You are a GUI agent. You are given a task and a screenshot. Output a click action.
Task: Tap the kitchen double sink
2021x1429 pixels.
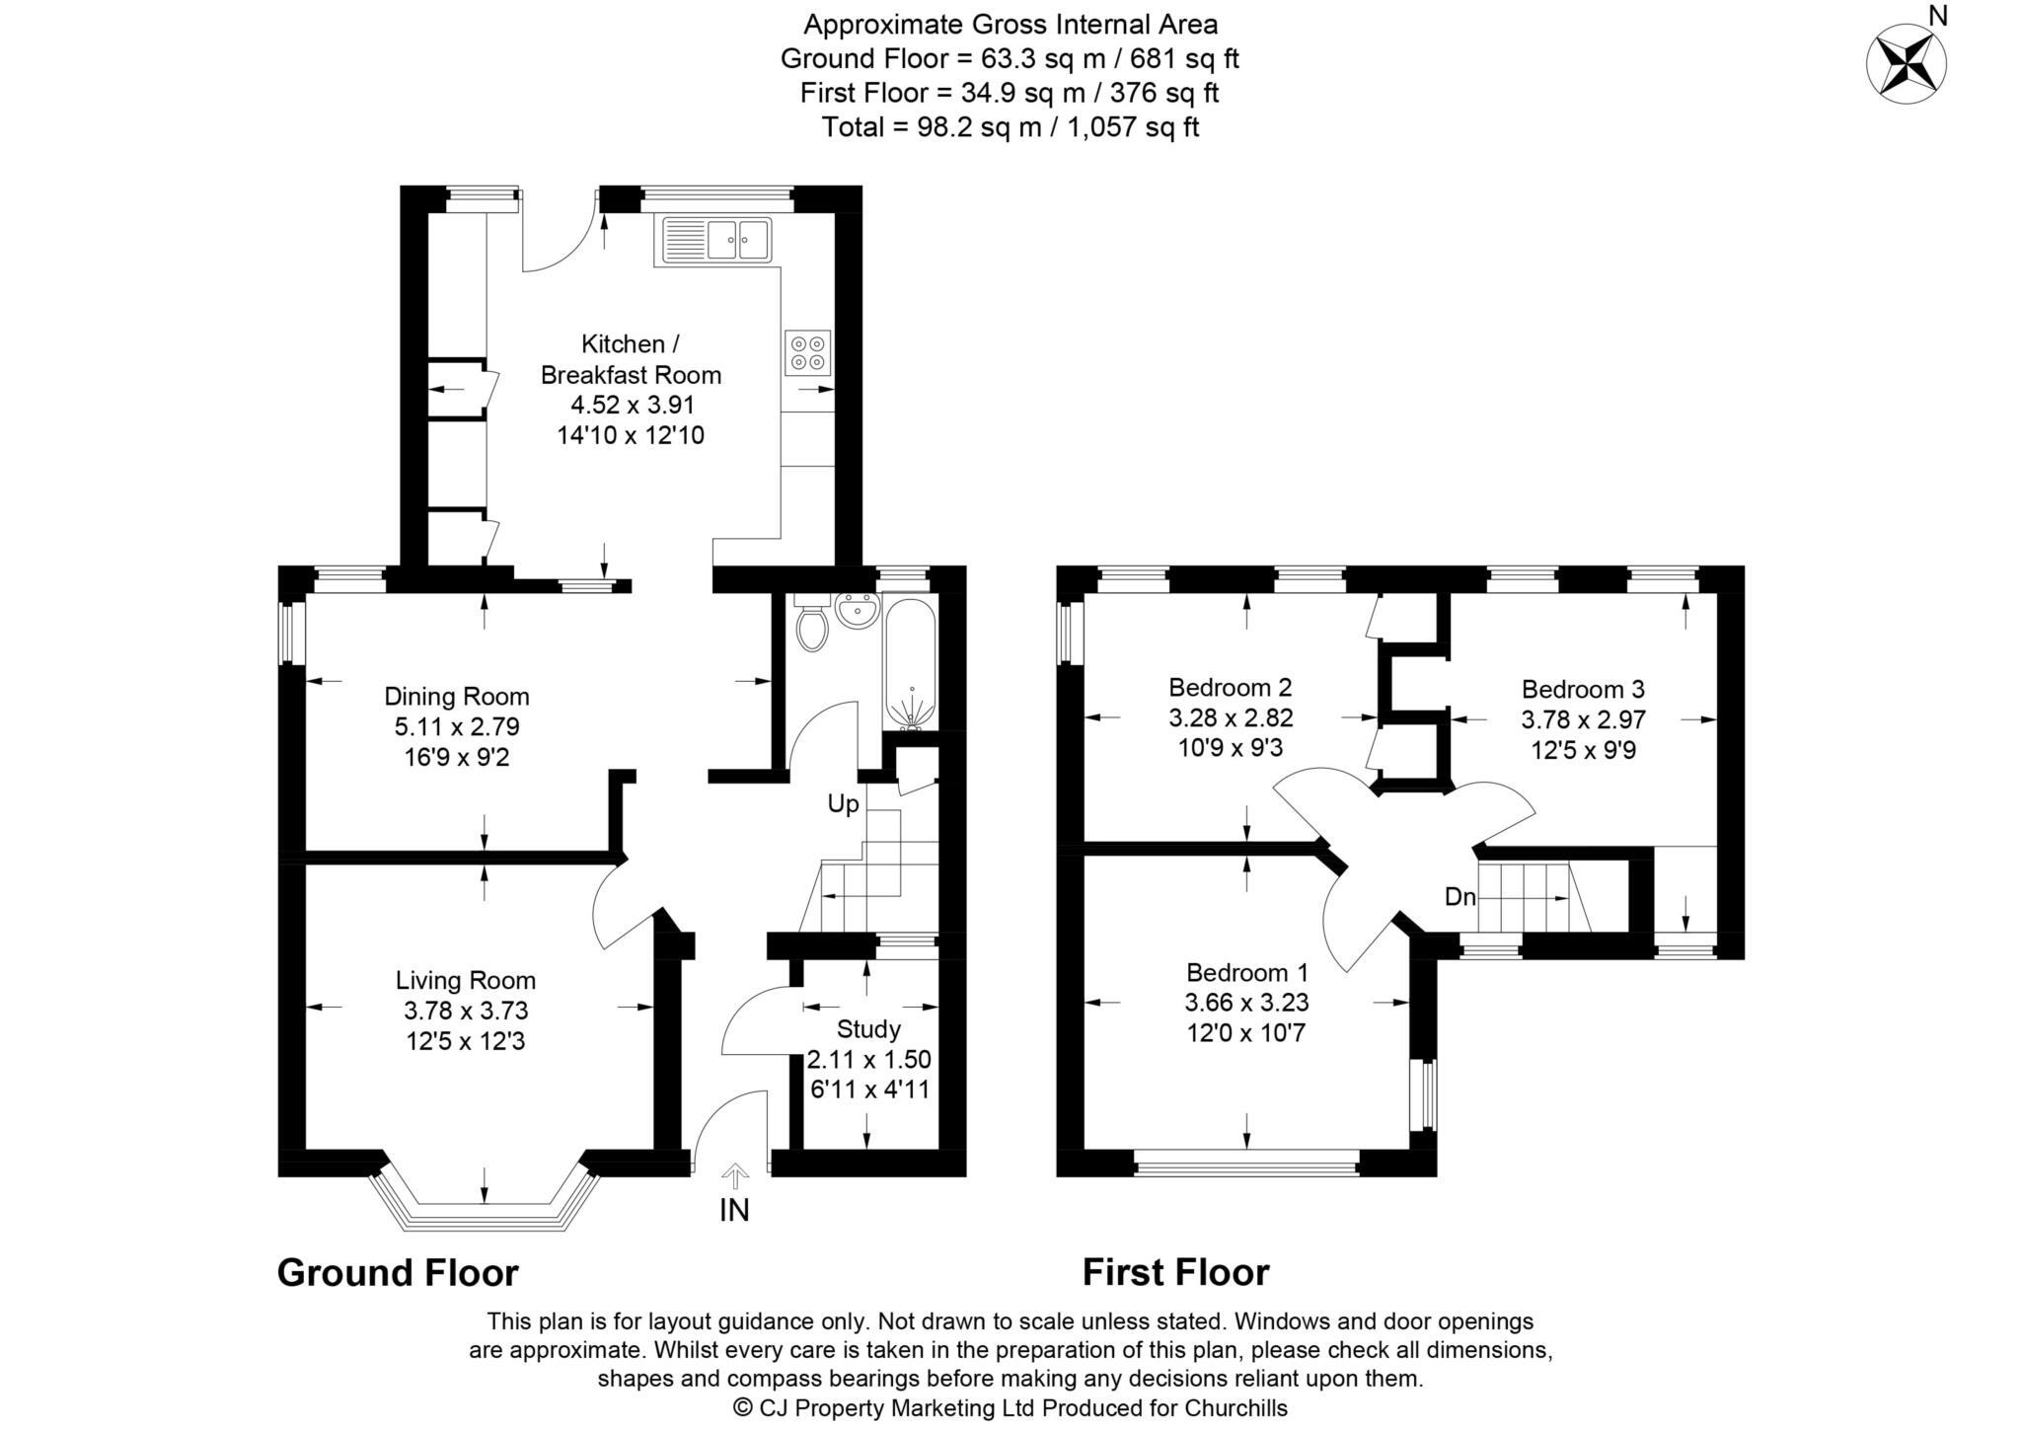coord(740,238)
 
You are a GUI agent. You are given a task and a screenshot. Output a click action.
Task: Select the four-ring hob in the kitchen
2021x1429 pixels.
coord(808,352)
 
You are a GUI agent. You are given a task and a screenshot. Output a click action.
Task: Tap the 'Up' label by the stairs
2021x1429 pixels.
coord(843,804)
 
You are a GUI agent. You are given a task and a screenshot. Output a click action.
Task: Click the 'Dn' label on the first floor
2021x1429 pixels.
coord(1460,897)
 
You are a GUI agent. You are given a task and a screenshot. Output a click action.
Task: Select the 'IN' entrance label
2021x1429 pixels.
coord(734,1210)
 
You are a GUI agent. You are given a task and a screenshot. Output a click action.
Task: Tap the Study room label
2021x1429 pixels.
coord(868,1029)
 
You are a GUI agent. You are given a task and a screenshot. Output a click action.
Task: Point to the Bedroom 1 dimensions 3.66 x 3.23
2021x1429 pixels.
coord(1246,1003)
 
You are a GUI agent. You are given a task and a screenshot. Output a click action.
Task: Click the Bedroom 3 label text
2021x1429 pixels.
coord(1583,689)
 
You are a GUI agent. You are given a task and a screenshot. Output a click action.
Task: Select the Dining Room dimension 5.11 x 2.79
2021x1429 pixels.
coord(457,727)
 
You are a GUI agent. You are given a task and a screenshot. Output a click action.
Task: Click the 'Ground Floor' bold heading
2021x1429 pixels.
coord(397,1273)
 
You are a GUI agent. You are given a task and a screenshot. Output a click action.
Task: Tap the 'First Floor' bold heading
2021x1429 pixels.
coord(1175,1273)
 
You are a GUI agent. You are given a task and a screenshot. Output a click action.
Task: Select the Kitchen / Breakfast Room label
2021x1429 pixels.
coord(631,359)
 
